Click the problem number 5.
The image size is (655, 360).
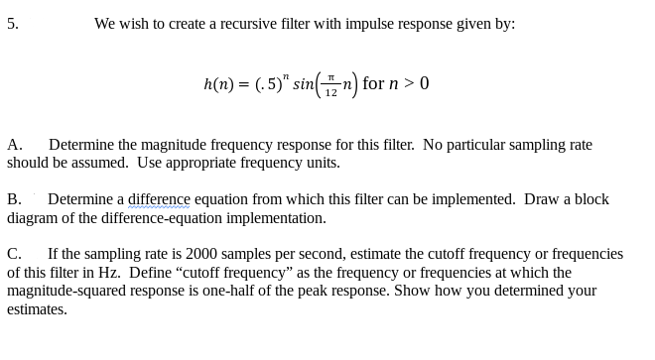pyautogui.click(x=12, y=24)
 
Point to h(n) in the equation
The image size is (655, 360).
pyautogui.click(x=218, y=85)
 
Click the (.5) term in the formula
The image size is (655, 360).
pyautogui.click(x=267, y=84)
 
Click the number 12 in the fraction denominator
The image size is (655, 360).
pyautogui.click(x=330, y=92)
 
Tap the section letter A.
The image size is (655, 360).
pyautogui.click(x=14, y=145)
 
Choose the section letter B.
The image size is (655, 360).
pyautogui.click(x=14, y=199)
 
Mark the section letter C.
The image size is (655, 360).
pyautogui.click(x=14, y=254)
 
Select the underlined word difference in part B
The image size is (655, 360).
pyautogui.click(x=165, y=199)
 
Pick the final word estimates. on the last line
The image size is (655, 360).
pyautogui.click(x=37, y=309)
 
